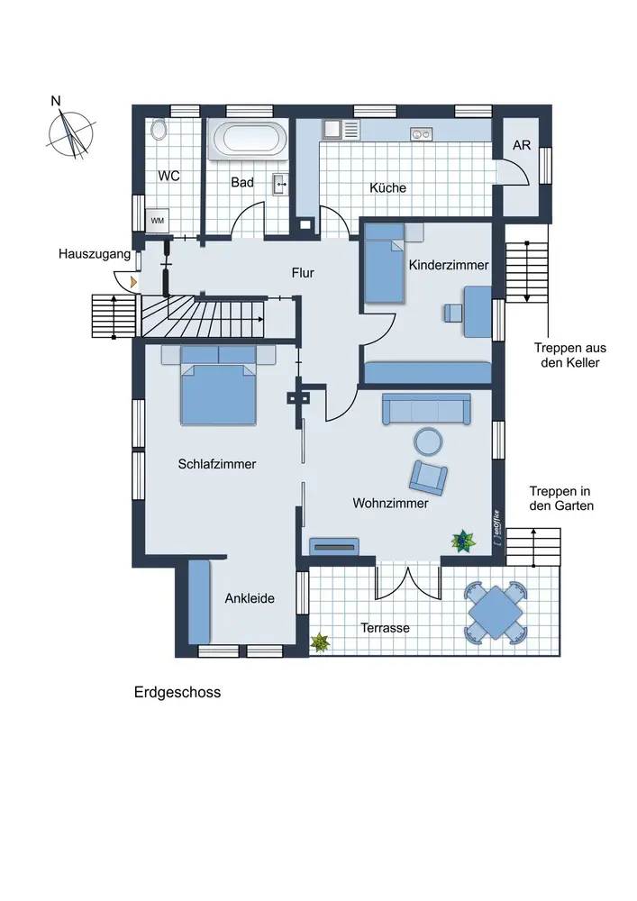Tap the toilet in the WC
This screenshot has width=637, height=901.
(x=160, y=130)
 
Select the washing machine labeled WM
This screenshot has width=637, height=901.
(x=157, y=220)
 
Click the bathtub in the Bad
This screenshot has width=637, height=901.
(x=249, y=141)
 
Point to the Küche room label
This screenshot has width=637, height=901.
(x=388, y=188)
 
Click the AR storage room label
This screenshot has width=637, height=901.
(x=522, y=145)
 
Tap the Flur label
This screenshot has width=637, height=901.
(x=303, y=272)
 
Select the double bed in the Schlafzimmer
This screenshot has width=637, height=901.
(x=219, y=389)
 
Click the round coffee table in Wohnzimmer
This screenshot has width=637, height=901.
(x=427, y=441)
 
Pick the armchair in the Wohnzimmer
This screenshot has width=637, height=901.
(x=429, y=477)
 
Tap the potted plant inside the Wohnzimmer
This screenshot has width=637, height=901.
(x=463, y=541)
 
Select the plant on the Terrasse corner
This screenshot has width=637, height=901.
(x=319, y=642)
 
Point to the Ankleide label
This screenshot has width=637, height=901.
(x=250, y=598)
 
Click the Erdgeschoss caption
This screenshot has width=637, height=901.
(x=177, y=693)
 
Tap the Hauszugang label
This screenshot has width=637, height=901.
(x=88, y=256)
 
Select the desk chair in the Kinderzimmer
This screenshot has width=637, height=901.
(x=452, y=312)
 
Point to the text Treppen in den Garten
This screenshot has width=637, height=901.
(x=560, y=498)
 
